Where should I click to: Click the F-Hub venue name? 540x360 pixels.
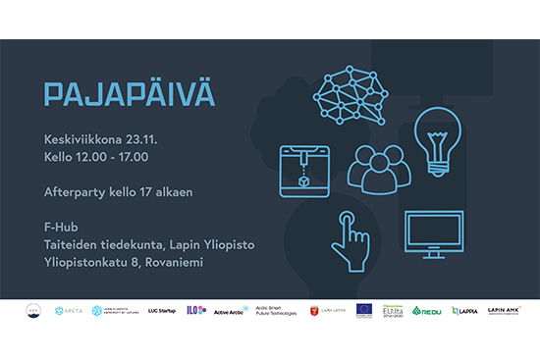(61, 227)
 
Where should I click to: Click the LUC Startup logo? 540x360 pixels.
(162, 310)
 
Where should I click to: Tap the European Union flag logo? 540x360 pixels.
(364, 310)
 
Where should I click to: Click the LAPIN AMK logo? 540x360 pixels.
(504, 310)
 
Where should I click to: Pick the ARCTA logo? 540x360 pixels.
(68, 310)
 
